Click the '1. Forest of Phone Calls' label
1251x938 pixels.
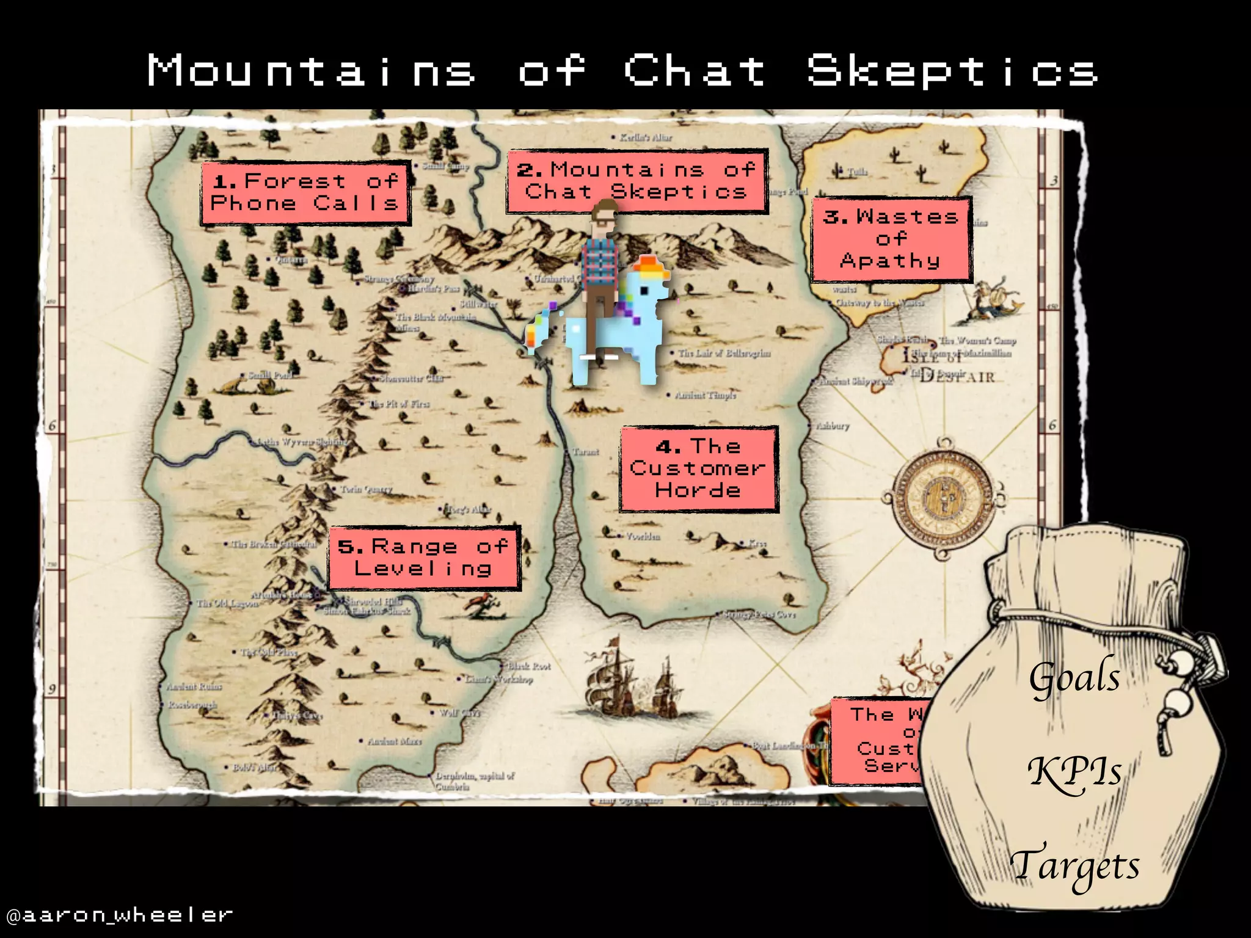305,193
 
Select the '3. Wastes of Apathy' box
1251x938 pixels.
891,239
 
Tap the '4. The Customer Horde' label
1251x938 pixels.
698,468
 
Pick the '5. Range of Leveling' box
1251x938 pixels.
423,558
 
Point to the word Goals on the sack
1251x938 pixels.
1075,678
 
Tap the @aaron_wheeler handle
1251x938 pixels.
120,914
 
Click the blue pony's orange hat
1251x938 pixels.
650,269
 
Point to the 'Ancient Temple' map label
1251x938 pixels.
706,395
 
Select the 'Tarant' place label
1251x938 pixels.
586,452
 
